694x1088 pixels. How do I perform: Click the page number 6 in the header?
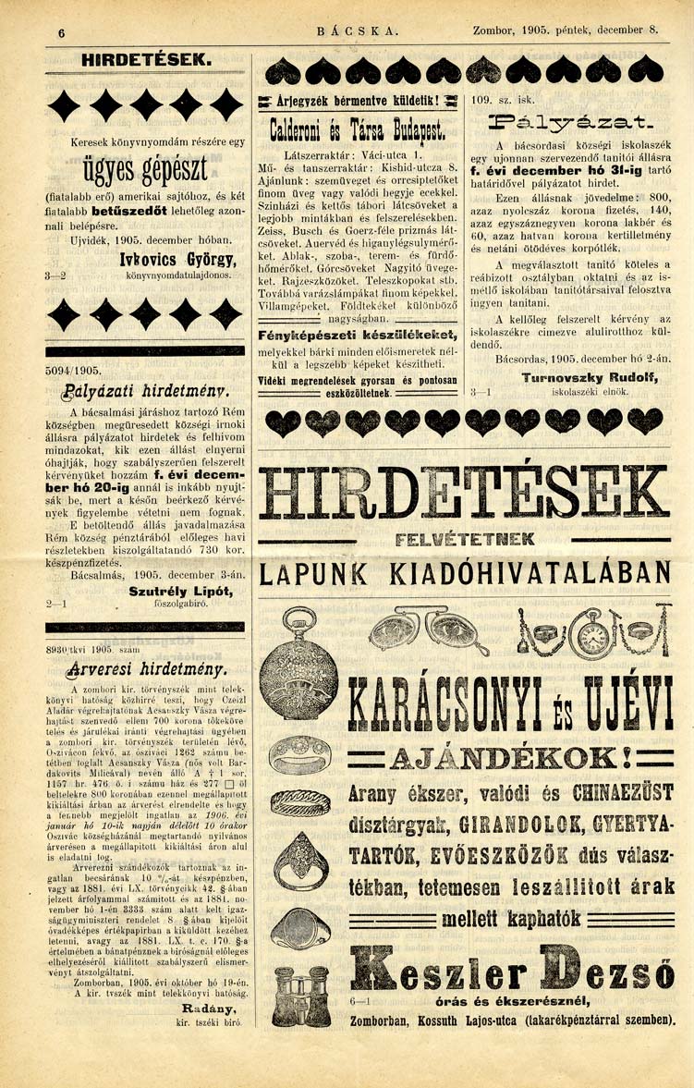[x=60, y=32]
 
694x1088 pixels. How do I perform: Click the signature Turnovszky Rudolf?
[x=581, y=378]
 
